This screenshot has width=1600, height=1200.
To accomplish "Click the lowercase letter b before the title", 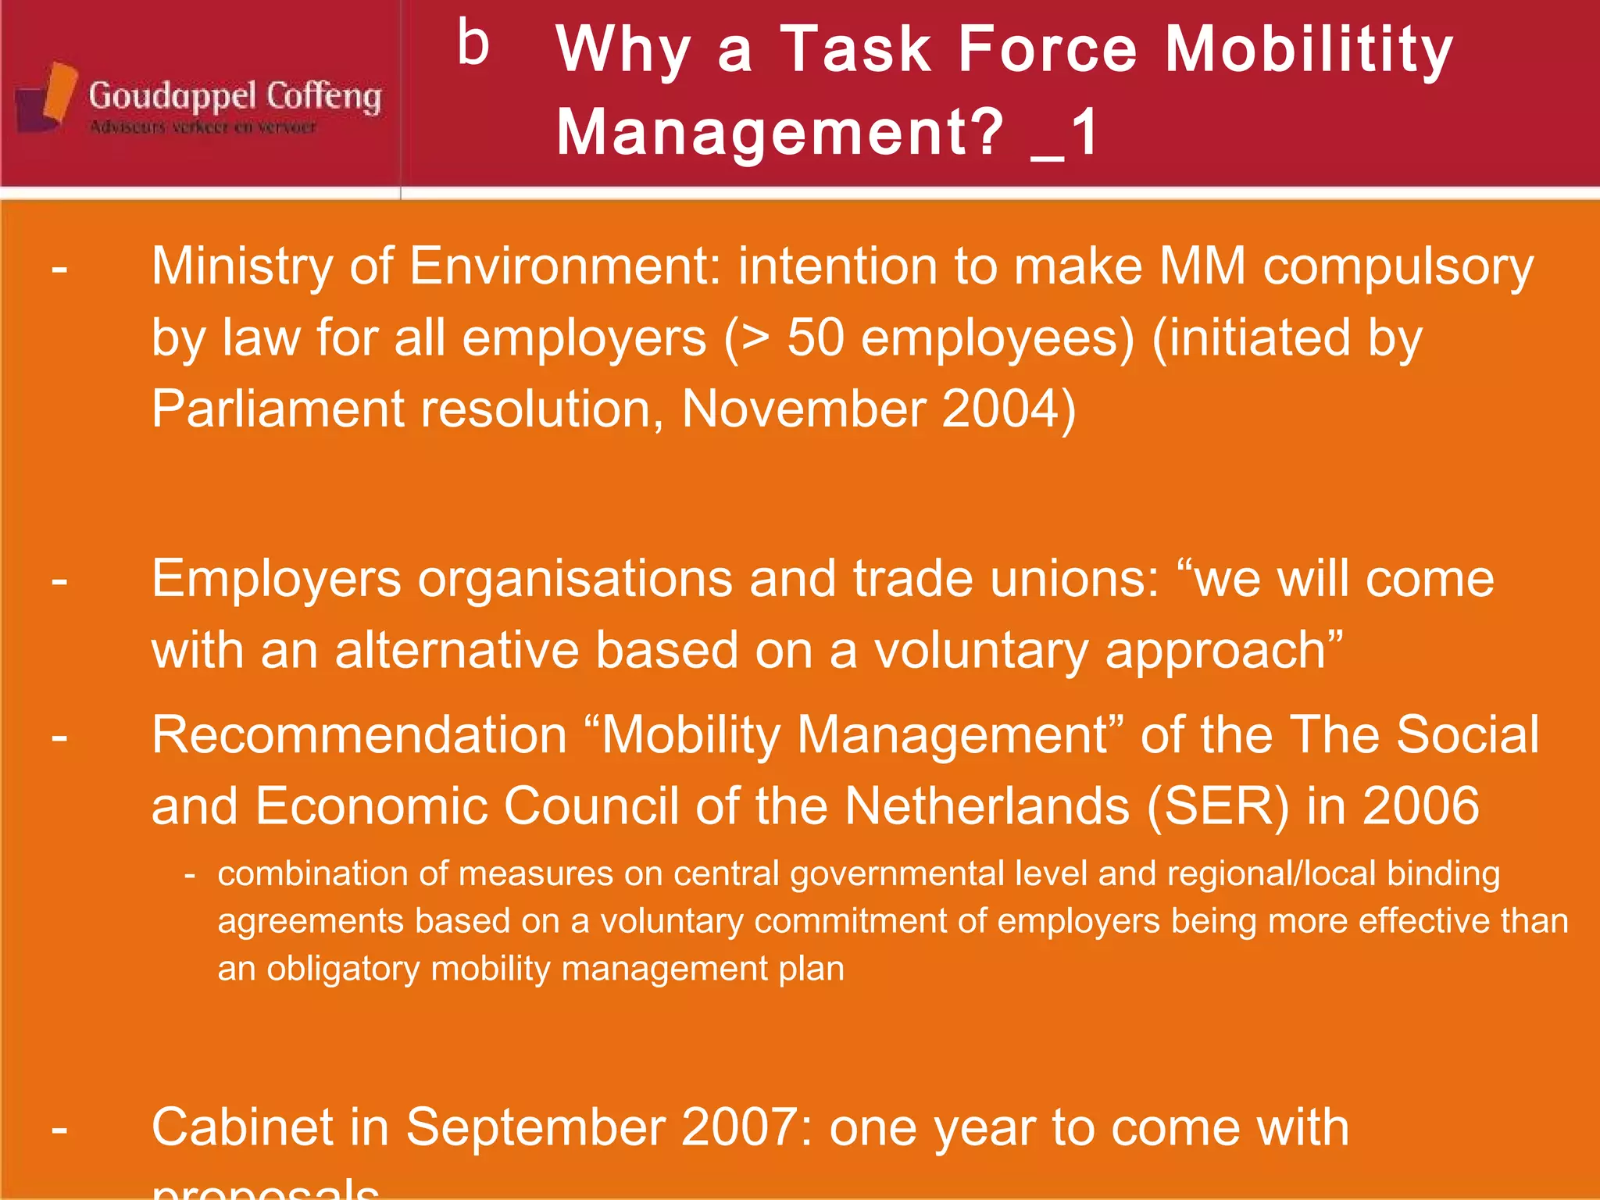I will (473, 44).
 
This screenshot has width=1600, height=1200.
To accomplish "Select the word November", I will (802, 409).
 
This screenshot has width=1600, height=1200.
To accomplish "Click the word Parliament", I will (278, 409).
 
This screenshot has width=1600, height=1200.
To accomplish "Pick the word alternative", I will (456, 650).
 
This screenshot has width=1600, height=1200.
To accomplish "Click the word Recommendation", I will (359, 735).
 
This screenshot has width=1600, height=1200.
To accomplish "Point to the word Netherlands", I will (987, 806).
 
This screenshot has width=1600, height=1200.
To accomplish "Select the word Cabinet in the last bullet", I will (242, 1127).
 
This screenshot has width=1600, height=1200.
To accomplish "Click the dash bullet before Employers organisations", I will (59, 580).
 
